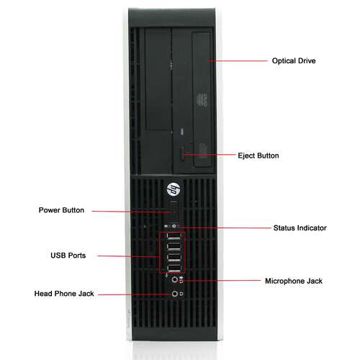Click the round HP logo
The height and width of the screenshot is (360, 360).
coord(174,189)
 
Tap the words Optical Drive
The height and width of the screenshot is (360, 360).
coord(294,60)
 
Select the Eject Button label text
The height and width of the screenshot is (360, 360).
coord(258,156)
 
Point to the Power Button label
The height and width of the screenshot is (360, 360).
coord(61,210)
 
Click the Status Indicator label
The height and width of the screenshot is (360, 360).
coord(300,228)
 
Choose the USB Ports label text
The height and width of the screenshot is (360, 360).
coord(68,256)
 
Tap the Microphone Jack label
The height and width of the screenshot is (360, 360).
coord(294,281)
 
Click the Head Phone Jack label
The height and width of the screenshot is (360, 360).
coord(64,294)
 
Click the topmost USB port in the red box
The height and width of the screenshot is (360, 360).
coord(174,237)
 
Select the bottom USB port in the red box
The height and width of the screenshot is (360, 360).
coord(174,268)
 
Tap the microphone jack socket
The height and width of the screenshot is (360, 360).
coord(175,279)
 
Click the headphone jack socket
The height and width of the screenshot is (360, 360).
coord(175,294)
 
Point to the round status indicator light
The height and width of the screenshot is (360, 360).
coord(174,226)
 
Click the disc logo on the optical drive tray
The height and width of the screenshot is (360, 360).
coord(202,100)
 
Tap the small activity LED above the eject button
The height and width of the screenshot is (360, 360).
coord(182,132)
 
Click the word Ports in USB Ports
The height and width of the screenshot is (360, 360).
coord(76,256)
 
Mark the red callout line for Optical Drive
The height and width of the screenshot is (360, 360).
coord(238,61)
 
